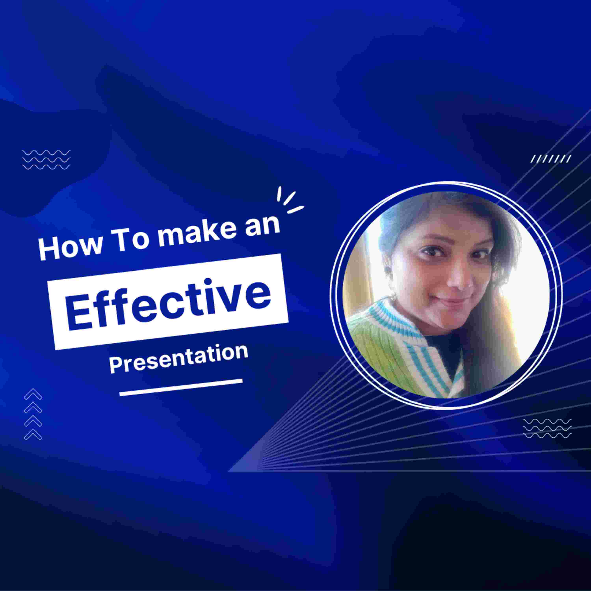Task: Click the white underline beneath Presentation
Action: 181,387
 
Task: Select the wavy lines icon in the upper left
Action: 46,160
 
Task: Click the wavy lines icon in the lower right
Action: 547,428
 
